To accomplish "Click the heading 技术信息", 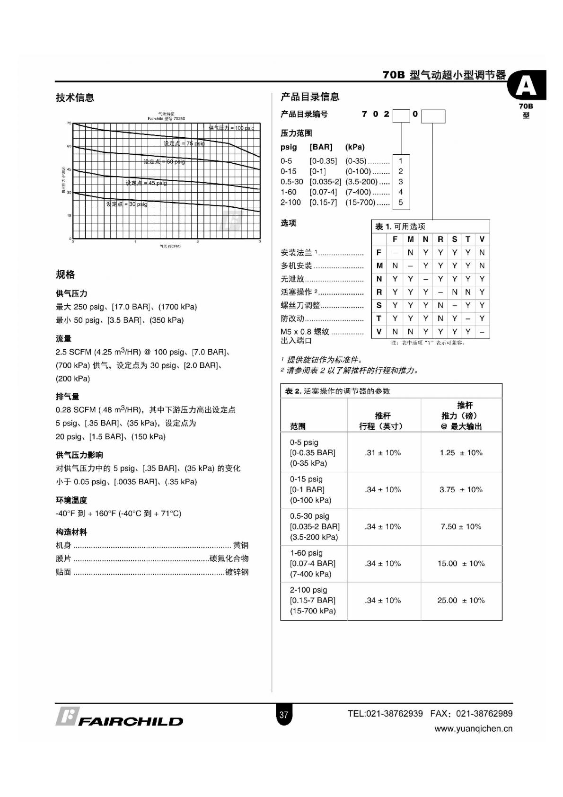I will tap(75, 97).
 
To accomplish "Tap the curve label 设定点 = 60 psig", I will tap(164, 162).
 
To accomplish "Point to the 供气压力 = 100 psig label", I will tap(231, 128).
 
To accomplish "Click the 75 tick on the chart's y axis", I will tap(69, 123).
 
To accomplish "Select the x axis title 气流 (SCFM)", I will tap(170, 246).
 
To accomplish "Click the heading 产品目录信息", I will tap(310, 97).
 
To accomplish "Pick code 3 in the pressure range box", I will tap(401, 182).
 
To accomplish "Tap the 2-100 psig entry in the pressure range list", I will tap(290, 203).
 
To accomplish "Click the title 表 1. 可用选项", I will tap(400, 226).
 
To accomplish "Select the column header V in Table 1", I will tap(482, 239).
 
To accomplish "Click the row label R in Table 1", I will tap(379, 292).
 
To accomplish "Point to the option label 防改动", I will tap(292, 319).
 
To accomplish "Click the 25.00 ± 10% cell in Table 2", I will tap(461, 600).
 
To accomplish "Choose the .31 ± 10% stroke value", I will tap(383, 452).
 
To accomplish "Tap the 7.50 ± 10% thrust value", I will tap(461, 526).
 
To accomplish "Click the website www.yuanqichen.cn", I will tap(473, 729).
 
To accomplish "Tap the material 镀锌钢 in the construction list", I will tap(237, 572).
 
